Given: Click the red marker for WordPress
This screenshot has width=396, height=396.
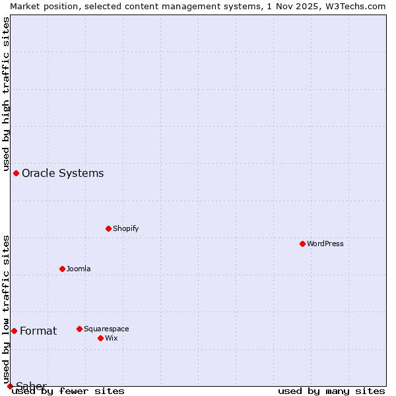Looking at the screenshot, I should click(302, 244).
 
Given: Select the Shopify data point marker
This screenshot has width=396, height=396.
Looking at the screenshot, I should click(108, 228).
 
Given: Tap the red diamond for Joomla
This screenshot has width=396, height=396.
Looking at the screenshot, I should click(62, 269).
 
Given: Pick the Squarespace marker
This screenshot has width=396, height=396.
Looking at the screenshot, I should click(79, 329).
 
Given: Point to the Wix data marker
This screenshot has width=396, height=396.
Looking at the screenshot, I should click(100, 338).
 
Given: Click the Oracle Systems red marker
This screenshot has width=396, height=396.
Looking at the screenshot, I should click(16, 173).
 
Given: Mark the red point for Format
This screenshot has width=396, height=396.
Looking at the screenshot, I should click(14, 331).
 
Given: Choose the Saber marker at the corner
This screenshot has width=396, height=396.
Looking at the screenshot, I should click(10, 386).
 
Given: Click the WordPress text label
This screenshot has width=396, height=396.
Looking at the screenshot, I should click(325, 244).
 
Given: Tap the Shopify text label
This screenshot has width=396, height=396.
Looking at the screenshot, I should click(125, 228).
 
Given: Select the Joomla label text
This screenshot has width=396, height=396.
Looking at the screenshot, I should click(79, 269).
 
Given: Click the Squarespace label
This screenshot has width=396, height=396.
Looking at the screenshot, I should click(106, 329).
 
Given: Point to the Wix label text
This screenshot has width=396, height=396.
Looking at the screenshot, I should click(111, 338).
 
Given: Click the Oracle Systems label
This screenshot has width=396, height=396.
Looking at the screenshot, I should click(63, 174).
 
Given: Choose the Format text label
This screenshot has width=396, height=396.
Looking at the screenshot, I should click(38, 331).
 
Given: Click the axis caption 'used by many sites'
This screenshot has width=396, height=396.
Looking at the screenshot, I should click(331, 391).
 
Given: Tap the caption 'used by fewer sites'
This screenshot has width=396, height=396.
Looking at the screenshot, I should click(69, 391).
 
